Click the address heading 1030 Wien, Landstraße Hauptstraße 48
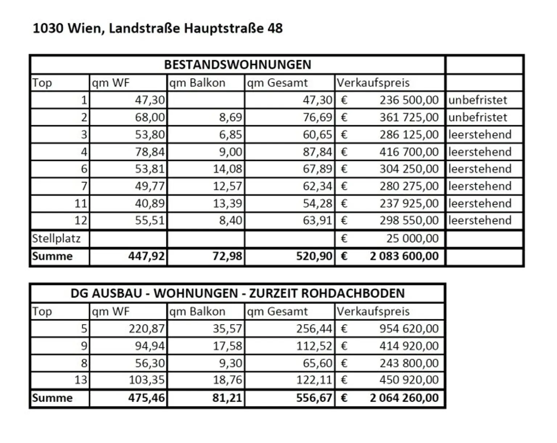pyautogui.click(x=157, y=28)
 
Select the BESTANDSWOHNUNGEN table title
pyautogui.click(x=238, y=65)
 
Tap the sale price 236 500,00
pyautogui.click(x=409, y=100)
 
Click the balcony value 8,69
pyautogui.click(x=230, y=117)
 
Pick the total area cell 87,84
pyautogui.click(x=317, y=152)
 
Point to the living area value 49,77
pyautogui.click(x=150, y=186)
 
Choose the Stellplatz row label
pyautogui.click(x=56, y=238)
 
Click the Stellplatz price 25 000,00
pyautogui.click(x=412, y=238)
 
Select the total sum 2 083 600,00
pyautogui.click(x=404, y=256)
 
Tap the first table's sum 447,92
pyautogui.click(x=146, y=256)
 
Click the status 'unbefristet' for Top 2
pyautogui.click(x=478, y=117)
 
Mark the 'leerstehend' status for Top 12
pyautogui.click(x=480, y=220)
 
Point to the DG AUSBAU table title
pyautogui.click(x=238, y=293)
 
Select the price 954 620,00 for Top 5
pyautogui.click(x=409, y=328)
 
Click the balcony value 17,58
pyautogui.click(x=227, y=346)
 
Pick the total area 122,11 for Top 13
pyautogui.click(x=314, y=380)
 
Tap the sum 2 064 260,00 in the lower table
pyautogui.click(x=404, y=398)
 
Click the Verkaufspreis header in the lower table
pyautogui.click(x=373, y=311)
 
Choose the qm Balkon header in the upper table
pyautogui.click(x=197, y=83)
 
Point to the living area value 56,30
pyautogui.click(x=150, y=363)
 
